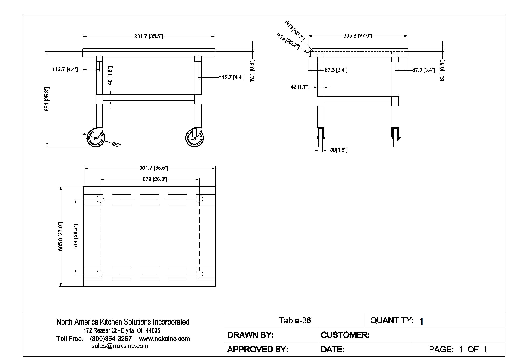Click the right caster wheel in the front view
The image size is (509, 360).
(x=195, y=138)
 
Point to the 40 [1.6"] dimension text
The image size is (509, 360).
(x=110, y=75)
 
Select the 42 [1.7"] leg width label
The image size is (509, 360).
(x=300, y=87)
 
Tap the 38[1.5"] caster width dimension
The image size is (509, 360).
(x=339, y=150)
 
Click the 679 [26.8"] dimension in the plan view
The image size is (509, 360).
(x=154, y=180)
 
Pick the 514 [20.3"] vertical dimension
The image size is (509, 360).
(x=76, y=236)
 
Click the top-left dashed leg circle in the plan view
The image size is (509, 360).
(x=100, y=199)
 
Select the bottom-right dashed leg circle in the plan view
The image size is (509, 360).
(x=200, y=274)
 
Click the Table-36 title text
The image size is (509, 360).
(x=295, y=321)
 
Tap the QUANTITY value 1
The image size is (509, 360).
(x=421, y=322)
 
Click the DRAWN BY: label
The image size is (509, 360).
(x=250, y=335)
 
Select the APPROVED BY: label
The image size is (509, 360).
(x=258, y=350)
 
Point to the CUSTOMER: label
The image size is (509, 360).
(x=345, y=335)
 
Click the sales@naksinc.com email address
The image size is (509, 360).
(x=120, y=346)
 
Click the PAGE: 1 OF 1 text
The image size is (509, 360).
(x=458, y=350)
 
